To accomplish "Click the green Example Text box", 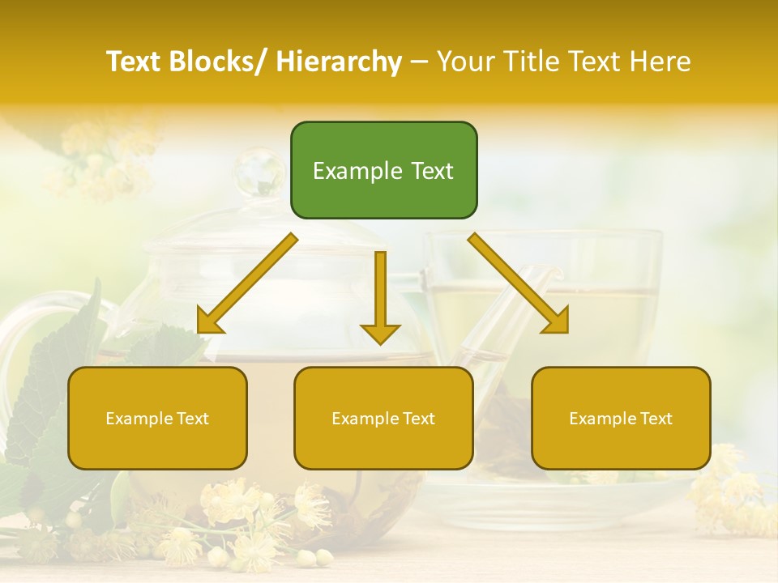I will pyautogui.click(x=383, y=170).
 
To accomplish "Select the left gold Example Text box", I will pyautogui.click(x=157, y=418).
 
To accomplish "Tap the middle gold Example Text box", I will pyautogui.click(x=383, y=418).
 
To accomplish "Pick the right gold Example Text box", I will pyautogui.click(x=621, y=418).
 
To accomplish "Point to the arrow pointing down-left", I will pyautogui.click(x=248, y=283).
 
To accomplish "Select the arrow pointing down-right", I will pyautogui.click(x=519, y=283).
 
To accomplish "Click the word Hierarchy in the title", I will pyautogui.click(x=339, y=62).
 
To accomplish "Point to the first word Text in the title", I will pyautogui.click(x=135, y=62).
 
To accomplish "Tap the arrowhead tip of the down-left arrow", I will pyautogui.click(x=199, y=331).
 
